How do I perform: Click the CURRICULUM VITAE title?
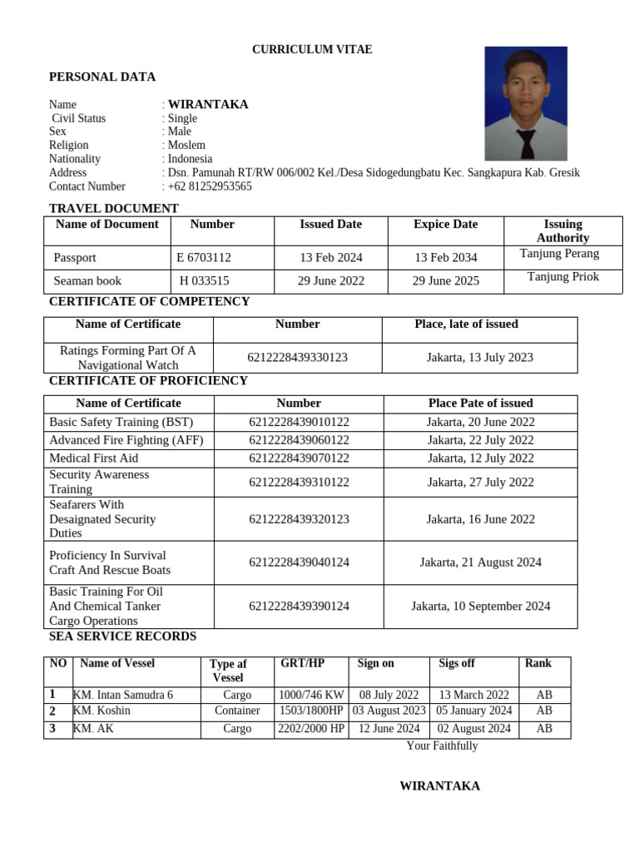(312, 50)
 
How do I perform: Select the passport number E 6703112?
(204, 258)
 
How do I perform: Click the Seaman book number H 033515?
(205, 281)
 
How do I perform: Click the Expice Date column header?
(445, 225)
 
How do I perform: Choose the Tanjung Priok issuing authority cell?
(562, 277)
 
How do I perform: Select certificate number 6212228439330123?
(297, 358)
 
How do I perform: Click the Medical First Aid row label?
(94, 458)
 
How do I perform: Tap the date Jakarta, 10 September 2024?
(480, 607)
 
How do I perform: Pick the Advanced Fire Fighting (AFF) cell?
(126, 440)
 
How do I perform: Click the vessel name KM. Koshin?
(102, 711)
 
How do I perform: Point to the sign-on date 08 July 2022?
(389, 696)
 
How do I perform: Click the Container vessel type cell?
(237, 711)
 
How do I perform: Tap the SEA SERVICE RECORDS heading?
(122, 637)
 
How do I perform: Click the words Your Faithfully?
(442, 746)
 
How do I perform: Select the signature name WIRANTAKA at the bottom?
(439, 786)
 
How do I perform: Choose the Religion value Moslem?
(186, 146)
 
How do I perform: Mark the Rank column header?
(537, 663)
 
